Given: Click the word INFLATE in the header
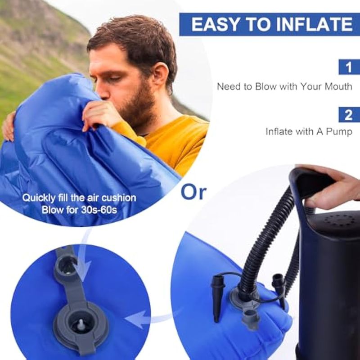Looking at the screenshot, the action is click(x=314, y=24).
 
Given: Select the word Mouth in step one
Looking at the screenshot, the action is click(x=338, y=86).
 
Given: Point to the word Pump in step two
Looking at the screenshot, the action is click(x=339, y=132).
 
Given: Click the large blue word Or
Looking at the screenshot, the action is click(x=193, y=192).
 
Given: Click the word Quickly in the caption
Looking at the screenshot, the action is click(x=39, y=198).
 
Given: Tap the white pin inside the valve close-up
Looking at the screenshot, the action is click(x=81, y=324).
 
